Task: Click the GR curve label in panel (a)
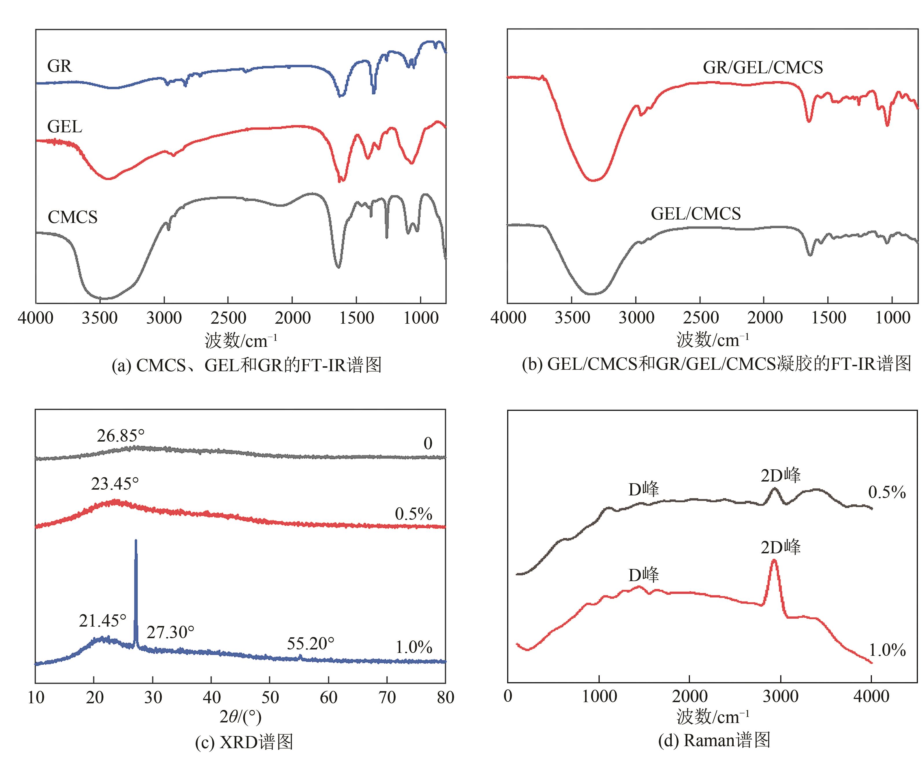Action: [59, 66]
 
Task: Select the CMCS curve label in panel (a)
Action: [73, 217]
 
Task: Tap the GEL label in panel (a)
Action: [65, 127]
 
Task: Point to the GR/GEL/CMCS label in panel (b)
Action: [763, 67]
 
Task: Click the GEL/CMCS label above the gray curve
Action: [696, 214]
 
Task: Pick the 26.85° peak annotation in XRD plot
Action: [121, 436]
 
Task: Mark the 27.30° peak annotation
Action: [170, 632]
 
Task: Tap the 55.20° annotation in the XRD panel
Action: [311, 644]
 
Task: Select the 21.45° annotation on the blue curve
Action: [102, 621]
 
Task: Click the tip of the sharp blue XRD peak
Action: [135, 540]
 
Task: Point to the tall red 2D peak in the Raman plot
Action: [774, 561]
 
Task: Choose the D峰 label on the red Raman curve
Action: [644, 575]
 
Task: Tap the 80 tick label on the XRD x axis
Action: [445, 698]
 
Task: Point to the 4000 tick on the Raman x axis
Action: [871, 697]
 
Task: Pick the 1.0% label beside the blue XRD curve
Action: [414, 647]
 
